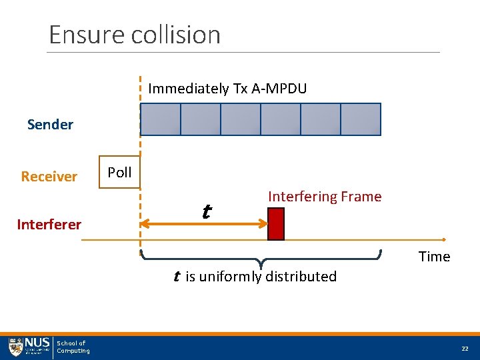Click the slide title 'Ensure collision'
coord(135,35)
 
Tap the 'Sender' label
coord(51,125)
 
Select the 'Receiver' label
coord(49,177)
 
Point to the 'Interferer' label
coord(49,225)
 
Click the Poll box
coord(119,173)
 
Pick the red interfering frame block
coord(276,224)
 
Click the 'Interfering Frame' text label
coord(325,197)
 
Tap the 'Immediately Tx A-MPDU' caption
coord(227,89)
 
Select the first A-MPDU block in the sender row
coord(161,120)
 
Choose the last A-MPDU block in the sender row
coord(361,120)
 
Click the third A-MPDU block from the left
coord(241,120)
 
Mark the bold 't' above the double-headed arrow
coord(206,212)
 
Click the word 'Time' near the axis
coord(434,257)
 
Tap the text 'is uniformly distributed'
coord(261,277)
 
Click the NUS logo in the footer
coord(29,347)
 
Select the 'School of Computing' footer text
coord(73,347)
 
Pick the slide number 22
coord(464,349)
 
